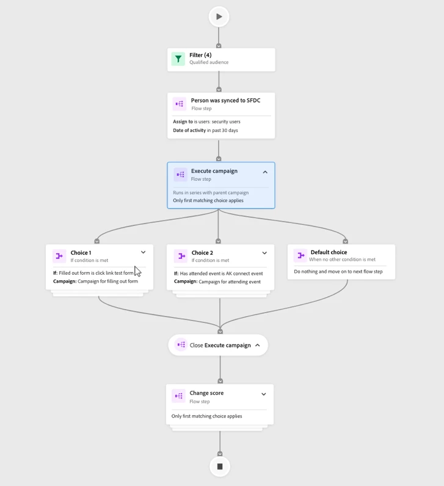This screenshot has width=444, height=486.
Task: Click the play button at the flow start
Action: pos(219,16)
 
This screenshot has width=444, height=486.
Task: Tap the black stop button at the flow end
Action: pos(220,466)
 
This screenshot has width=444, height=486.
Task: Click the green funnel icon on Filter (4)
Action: pos(178,59)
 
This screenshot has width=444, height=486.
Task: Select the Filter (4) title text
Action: pos(200,55)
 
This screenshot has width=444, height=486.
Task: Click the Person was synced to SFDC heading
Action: pos(225,100)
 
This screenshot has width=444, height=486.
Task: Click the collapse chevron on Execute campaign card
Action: pos(265,172)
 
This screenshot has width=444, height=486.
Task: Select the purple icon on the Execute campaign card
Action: pos(180,175)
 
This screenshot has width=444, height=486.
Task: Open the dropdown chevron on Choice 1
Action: pos(144,252)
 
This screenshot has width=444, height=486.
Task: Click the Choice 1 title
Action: pos(81,253)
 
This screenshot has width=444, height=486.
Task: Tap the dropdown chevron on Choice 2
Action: pos(264,253)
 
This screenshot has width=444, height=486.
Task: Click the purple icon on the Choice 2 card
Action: pos(180,256)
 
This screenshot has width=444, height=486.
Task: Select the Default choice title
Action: pos(329,252)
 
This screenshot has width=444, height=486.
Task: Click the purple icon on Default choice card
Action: pos(300,255)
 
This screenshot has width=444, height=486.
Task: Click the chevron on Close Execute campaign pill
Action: pos(258,345)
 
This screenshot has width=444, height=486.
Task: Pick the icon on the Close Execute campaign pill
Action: pos(181,345)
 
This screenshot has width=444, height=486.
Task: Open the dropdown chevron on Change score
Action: pos(264,394)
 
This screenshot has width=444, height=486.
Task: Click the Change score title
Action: pos(206,393)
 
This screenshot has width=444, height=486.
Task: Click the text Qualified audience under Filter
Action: pos(209,63)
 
